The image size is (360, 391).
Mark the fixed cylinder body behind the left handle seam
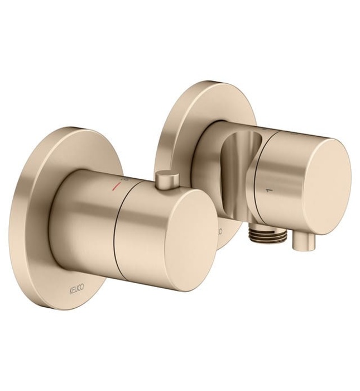tap(89, 212)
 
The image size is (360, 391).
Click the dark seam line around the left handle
tap(114, 235)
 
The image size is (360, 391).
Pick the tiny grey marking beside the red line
tap(124, 180)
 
